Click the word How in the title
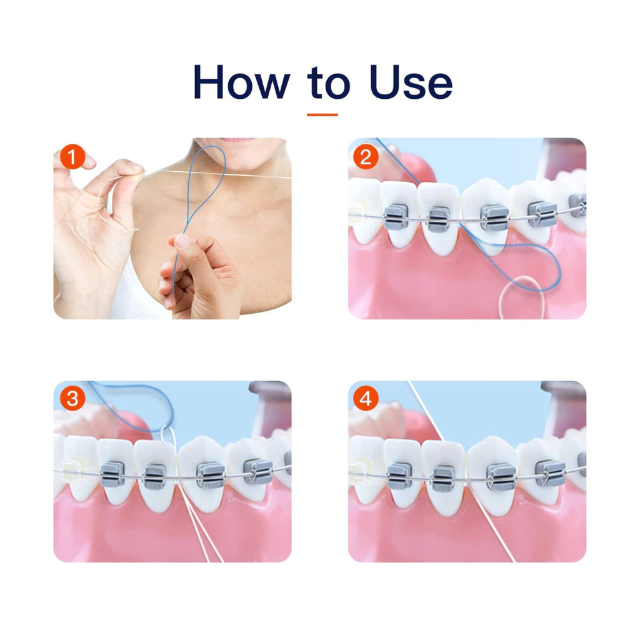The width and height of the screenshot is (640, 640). coord(242,82)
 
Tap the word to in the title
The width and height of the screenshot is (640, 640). coord(329,83)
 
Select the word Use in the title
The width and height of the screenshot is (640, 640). coord(411,82)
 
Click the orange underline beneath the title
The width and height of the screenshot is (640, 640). coord(322,115)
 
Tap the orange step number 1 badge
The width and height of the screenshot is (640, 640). coord(72,157)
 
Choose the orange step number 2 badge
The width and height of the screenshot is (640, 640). coord(366,157)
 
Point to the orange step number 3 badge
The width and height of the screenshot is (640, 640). coord(72,398)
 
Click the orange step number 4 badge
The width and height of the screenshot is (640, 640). coord(366,398)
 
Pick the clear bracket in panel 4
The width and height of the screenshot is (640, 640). coord(362,470)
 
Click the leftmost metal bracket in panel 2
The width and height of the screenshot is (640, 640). coord(395,216)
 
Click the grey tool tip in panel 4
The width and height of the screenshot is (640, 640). coord(563,392)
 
